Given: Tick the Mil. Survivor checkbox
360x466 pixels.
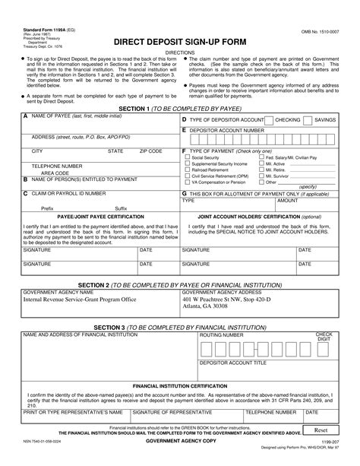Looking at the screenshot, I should coord(261,176).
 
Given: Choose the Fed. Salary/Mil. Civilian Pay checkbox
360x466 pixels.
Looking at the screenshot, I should coord(261,157).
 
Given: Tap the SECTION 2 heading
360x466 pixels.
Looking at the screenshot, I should coord(179,282).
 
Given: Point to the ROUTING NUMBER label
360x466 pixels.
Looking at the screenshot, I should coord(222,334).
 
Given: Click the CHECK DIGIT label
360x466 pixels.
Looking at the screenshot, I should coord(324,337).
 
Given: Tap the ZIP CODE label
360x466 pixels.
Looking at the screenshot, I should coord(150,151).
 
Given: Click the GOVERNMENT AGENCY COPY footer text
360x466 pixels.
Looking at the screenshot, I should coord(179,441).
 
